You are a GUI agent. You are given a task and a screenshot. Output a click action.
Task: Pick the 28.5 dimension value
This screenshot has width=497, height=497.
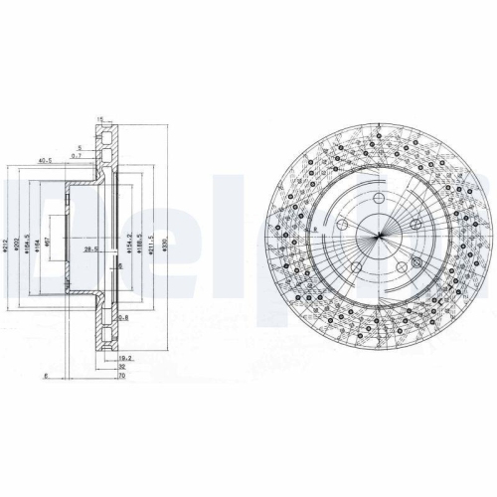(x=92, y=250)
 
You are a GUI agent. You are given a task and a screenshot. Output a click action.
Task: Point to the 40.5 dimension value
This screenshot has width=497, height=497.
(x=44, y=159)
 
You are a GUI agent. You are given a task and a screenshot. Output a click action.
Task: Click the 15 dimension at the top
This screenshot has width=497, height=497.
(x=100, y=119)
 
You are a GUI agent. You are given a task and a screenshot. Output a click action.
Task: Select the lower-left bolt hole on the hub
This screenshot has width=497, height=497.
(x=354, y=269)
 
